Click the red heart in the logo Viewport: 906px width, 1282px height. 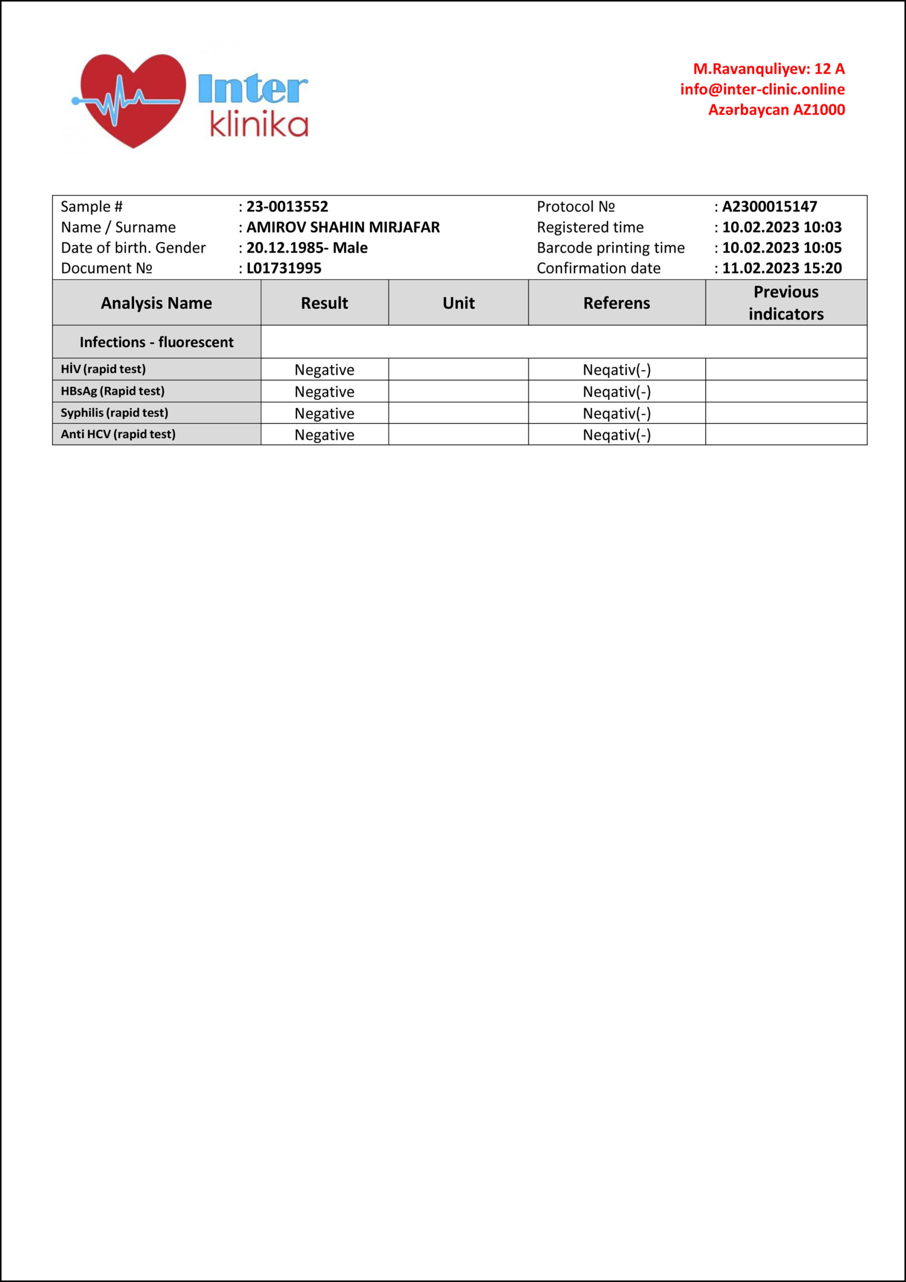tap(133, 98)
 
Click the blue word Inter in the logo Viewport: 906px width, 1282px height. tap(252, 89)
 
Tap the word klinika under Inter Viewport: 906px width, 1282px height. tap(259, 125)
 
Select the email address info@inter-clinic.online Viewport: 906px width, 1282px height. tap(762, 89)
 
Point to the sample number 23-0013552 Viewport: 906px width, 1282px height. tap(287, 207)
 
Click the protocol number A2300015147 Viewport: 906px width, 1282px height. tap(769, 207)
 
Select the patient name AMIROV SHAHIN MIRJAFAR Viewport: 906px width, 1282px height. tap(343, 227)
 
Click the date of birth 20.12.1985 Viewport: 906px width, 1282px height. tap(282, 248)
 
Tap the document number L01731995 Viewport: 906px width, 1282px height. tap(284, 268)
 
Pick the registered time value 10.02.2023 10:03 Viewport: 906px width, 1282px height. tap(781, 227)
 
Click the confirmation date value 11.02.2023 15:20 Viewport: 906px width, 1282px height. tap(781, 268)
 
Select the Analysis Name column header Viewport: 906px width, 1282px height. tap(156, 303)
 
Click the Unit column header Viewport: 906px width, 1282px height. tap(459, 303)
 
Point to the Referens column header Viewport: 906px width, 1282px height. tap(617, 303)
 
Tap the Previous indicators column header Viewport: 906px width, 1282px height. tap(786, 302)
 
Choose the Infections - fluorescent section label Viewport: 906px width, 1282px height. tap(156, 342)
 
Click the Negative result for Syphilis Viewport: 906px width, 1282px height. tap(325, 414)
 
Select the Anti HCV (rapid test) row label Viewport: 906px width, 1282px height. tap(118, 434)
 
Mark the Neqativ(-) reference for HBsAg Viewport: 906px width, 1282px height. tap(617, 392)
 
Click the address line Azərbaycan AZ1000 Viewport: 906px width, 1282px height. tap(776, 110)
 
